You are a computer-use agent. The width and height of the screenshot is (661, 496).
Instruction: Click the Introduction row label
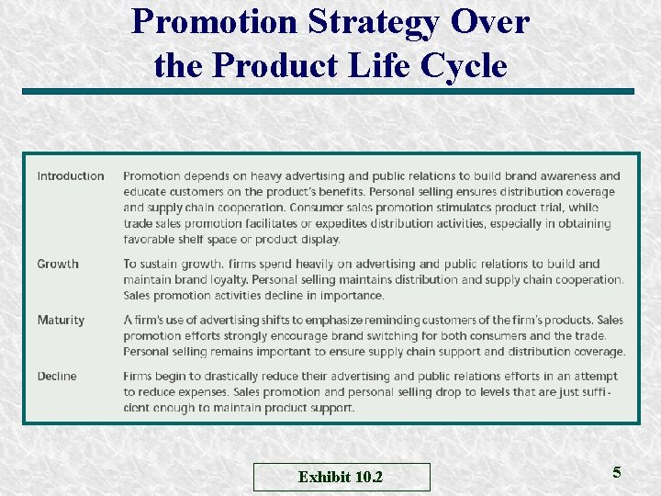tap(71, 175)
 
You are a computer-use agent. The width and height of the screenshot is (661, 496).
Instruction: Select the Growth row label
tap(58, 264)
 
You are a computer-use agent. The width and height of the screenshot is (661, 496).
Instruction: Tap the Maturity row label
tap(61, 320)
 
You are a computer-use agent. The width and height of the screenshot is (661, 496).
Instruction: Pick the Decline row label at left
tap(57, 376)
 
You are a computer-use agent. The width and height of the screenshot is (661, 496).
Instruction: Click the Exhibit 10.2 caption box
tap(341, 477)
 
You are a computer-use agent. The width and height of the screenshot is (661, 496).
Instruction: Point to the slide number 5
tap(617, 472)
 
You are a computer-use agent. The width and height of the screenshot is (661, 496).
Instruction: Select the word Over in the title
tap(497, 22)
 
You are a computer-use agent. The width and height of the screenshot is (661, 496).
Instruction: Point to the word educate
tap(146, 192)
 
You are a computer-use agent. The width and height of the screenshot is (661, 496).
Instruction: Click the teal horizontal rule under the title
tap(328, 92)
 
